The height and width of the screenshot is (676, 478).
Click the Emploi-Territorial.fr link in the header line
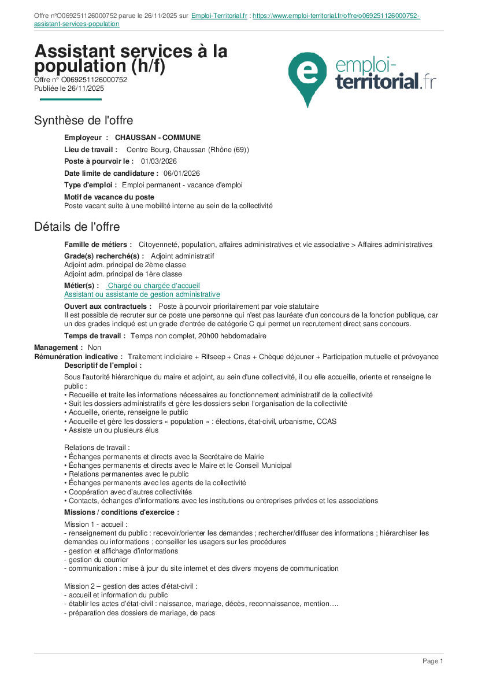pyautogui.click(x=219, y=16)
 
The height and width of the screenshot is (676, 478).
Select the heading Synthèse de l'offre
pyautogui.click(x=83, y=120)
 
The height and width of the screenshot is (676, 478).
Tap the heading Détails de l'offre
pyautogui.click(x=77, y=226)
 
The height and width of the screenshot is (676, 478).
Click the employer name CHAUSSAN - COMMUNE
pyautogui.click(x=158, y=138)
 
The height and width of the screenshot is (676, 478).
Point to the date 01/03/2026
pyautogui.click(x=159, y=161)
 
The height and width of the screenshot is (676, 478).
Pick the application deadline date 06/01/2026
pyautogui.click(x=181, y=173)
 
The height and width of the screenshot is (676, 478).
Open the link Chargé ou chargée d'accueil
pyautogui.click(x=154, y=286)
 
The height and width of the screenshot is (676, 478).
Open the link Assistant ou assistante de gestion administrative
pyautogui.click(x=142, y=294)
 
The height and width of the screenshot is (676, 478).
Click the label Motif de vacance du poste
pyautogui.click(x=109, y=197)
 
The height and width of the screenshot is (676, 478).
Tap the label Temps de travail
pyautogui.click(x=95, y=335)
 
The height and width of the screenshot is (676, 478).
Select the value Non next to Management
pyautogui.click(x=94, y=348)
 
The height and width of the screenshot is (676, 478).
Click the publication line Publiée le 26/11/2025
pyautogui.click(x=69, y=88)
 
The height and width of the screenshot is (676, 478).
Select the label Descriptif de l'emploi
pyautogui.click(x=102, y=365)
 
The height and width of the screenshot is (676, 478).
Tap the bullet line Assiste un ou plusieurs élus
pyautogui.click(x=113, y=430)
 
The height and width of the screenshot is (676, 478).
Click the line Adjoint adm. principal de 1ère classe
pyautogui.click(x=123, y=274)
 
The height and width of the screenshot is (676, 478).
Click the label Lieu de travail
pyautogui.click(x=91, y=150)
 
